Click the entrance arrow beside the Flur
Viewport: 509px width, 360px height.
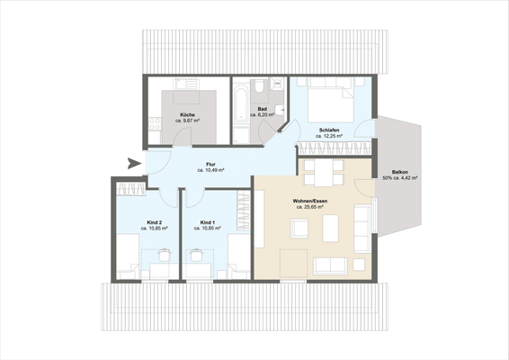pyautogui.click(x=134, y=163)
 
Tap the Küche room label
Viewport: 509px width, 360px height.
pyautogui.click(x=187, y=115)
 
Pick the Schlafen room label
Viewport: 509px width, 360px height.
pyautogui.click(x=330, y=131)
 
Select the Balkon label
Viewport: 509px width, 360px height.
pyautogui.click(x=400, y=172)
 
